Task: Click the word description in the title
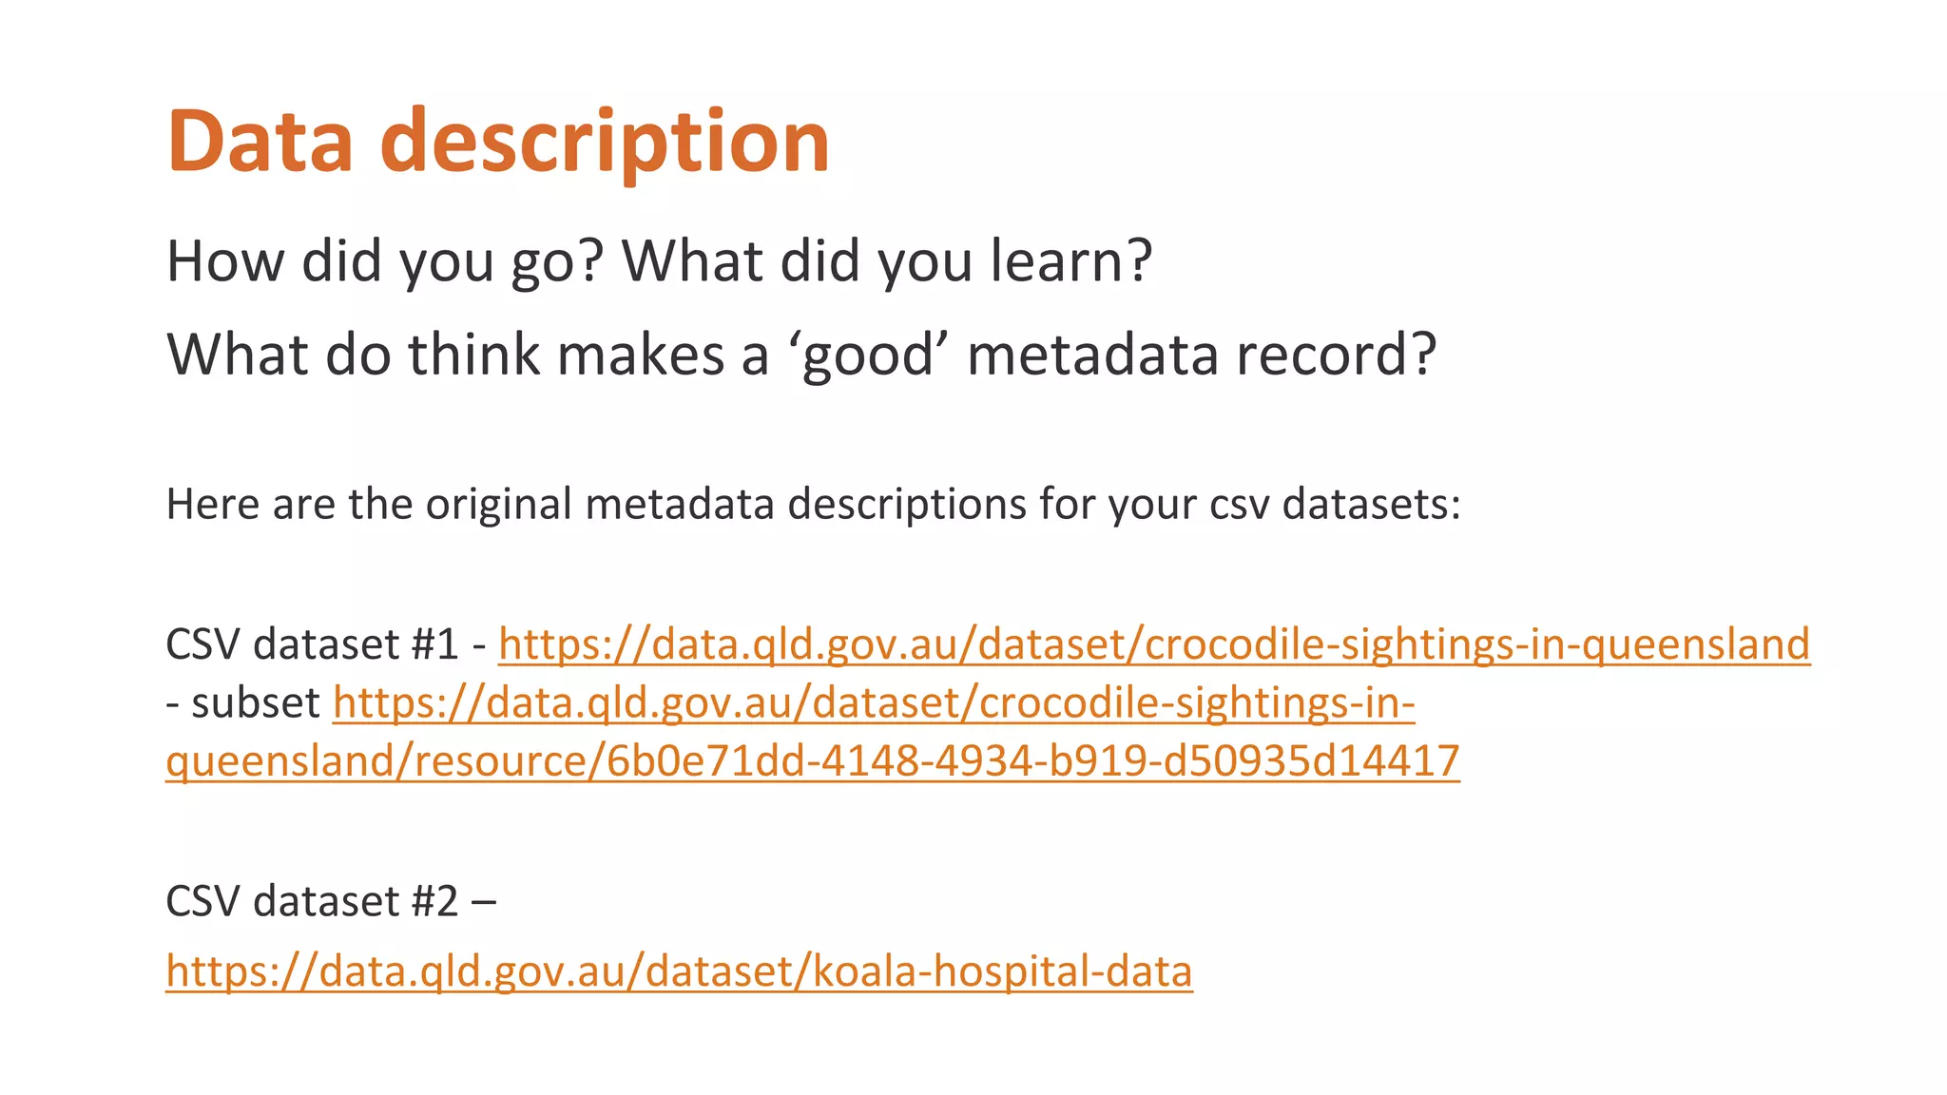pyautogui.click(x=605, y=143)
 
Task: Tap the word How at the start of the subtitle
pyautogui.click(x=225, y=260)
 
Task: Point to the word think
pyautogui.click(x=473, y=355)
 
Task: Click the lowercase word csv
pyautogui.click(x=1239, y=505)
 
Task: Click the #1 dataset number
pyautogui.click(x=435, y=644)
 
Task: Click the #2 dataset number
pyautogui.click(x=435, y=901)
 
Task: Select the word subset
pyautogui.click(x=256, y=703)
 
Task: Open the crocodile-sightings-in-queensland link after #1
pyautogui.click(x=1153, y=644)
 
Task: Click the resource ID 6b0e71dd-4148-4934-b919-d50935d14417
pyautogui.click(x=1032, y=761)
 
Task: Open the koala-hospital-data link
pyautogui.click(x=679, y=971)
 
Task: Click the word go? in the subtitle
pyautogui.click(x=557, y=262)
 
